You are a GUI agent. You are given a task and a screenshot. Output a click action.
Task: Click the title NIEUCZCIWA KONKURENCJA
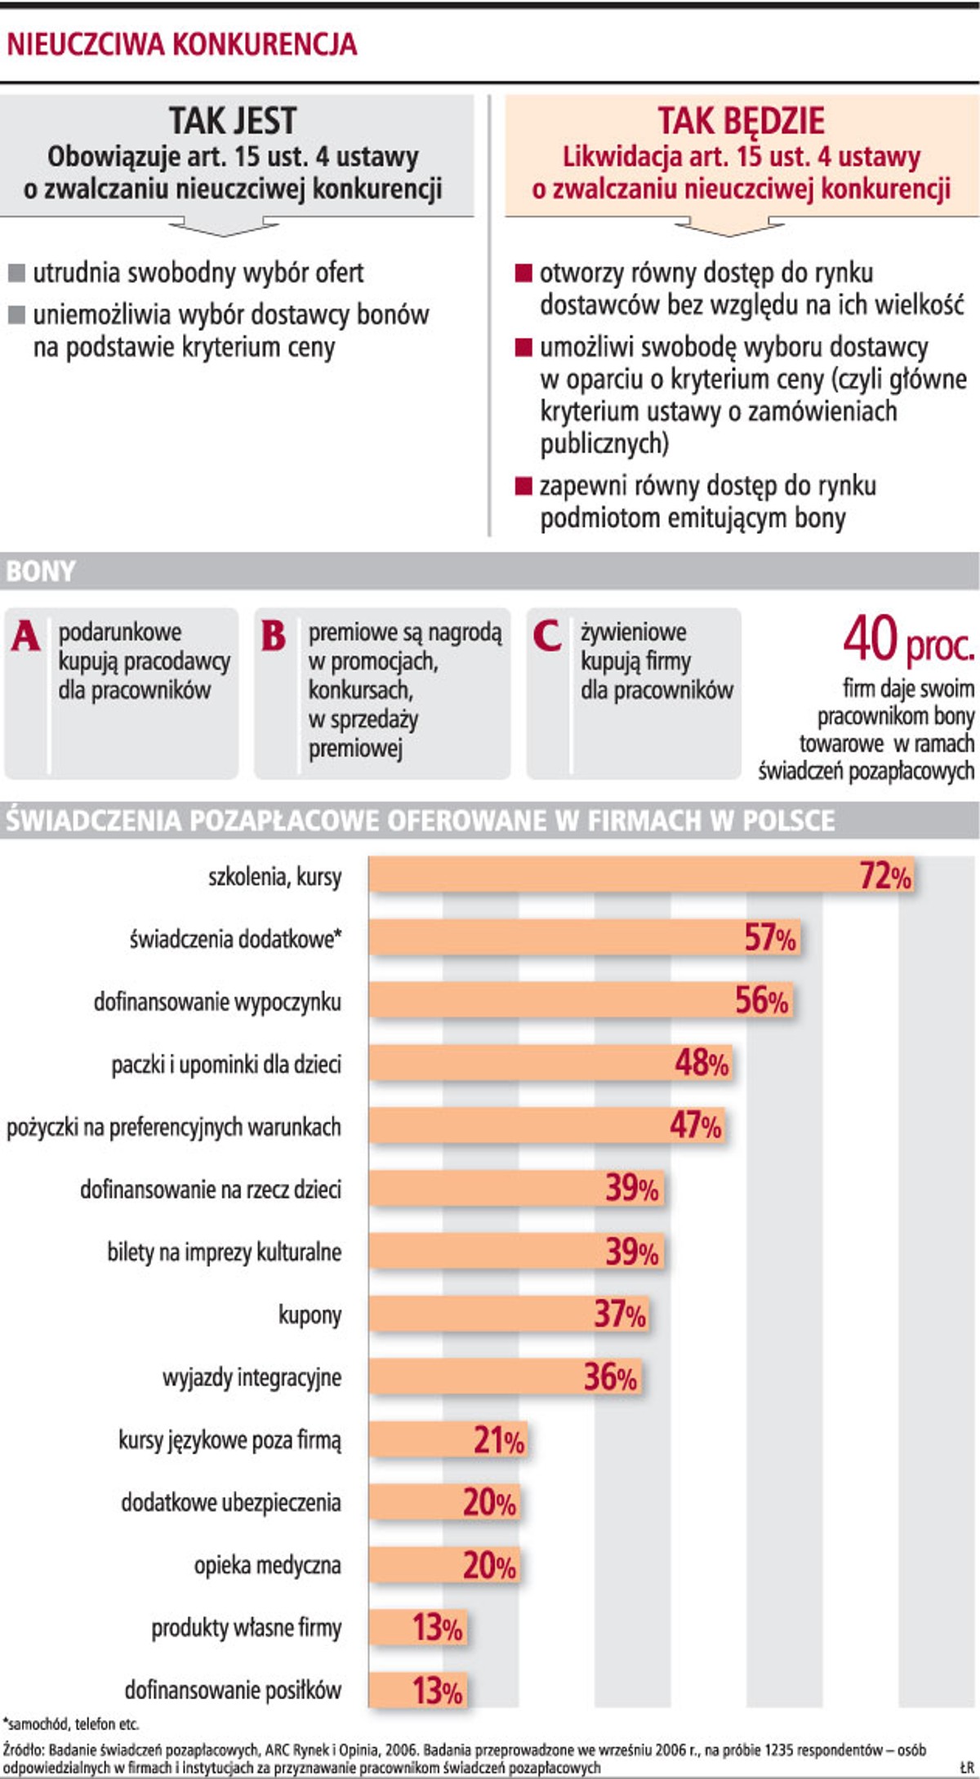181,43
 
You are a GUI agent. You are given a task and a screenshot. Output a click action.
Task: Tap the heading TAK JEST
233,121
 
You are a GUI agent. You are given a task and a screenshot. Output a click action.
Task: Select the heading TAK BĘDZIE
741,121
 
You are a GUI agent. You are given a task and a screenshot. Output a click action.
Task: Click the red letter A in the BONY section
25,636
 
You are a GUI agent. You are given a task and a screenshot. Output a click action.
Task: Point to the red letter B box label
274,636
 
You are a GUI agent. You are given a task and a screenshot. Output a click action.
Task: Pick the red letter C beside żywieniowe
546,636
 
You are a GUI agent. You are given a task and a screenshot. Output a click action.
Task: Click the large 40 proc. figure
907,640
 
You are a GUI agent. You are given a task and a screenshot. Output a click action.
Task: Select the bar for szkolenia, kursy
641,875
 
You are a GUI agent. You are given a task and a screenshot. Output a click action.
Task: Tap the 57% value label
769,938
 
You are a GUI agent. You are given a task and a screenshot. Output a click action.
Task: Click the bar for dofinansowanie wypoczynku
580,1001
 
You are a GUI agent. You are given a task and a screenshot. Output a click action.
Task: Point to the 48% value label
702,1063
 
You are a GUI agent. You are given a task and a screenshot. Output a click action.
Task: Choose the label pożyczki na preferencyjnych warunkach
174,1127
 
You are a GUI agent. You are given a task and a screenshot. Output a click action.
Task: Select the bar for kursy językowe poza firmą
447,1439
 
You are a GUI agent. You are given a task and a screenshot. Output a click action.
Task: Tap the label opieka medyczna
267,1565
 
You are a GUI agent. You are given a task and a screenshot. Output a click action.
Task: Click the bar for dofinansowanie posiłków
417,1690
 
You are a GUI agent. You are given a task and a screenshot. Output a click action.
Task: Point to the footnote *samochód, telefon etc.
72,1724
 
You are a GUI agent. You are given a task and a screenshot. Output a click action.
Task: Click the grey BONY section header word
40,571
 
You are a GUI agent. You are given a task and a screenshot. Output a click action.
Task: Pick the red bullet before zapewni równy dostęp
523,487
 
